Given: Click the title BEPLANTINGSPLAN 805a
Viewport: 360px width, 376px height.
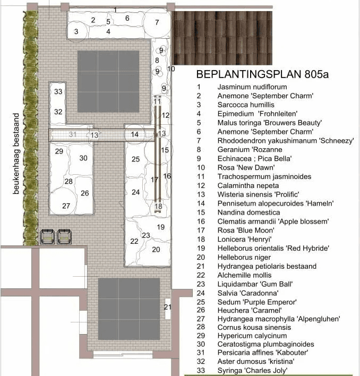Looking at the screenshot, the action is [262, 74].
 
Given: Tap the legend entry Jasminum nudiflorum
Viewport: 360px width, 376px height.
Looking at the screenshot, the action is [252, 87].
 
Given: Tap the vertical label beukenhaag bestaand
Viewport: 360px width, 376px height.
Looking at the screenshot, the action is [16, 153].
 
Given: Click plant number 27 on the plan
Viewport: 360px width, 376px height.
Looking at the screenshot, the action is [66, 206].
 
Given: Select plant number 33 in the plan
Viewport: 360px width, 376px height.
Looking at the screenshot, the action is [58, 91].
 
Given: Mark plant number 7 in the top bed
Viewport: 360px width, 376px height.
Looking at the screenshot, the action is [157, 22].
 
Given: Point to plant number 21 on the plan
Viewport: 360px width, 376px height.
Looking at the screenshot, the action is [168, 307].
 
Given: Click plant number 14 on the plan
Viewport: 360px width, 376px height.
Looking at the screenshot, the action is [135, 134].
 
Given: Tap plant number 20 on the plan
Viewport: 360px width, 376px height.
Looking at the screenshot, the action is [156, 250].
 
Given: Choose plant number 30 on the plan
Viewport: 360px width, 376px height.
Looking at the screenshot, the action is [83, 158].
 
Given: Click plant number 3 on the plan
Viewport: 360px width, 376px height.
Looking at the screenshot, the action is [76, 31].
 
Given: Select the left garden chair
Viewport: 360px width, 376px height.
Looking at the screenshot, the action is [47, 236].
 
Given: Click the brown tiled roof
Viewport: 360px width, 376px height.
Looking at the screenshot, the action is [222, 38].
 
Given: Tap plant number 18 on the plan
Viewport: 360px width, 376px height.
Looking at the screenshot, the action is [158, 206].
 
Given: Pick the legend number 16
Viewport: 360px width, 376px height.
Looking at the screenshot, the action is [201, 221].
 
